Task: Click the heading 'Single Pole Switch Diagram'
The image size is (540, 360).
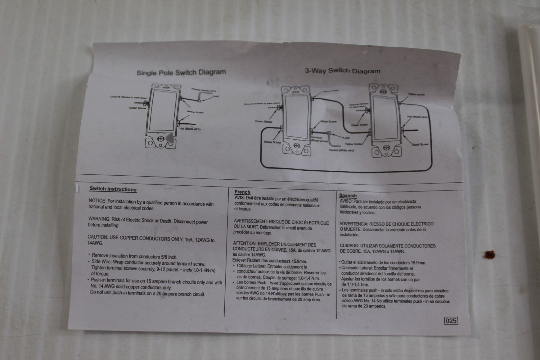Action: [x=181, y=72]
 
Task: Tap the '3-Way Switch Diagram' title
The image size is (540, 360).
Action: [x=343, y=71]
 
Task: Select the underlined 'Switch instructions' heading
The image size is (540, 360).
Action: [x=113, y=189]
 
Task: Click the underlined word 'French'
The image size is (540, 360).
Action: [x=242, y=192]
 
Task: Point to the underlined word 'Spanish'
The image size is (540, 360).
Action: [x=348, y=196]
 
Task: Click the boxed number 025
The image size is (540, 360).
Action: [x=451, y=321]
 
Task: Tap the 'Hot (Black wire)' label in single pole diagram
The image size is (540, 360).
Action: [x=190, y=129]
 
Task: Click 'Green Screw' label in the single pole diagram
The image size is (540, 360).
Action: [x=138, y=108]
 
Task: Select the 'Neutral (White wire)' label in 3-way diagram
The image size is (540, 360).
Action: [x=341, y=150]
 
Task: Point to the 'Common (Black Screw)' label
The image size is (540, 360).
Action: [x=319, y=139]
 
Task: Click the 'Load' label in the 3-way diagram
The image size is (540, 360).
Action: [x=346, y=138]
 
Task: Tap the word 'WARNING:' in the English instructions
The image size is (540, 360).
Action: [x=99, y=219]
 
